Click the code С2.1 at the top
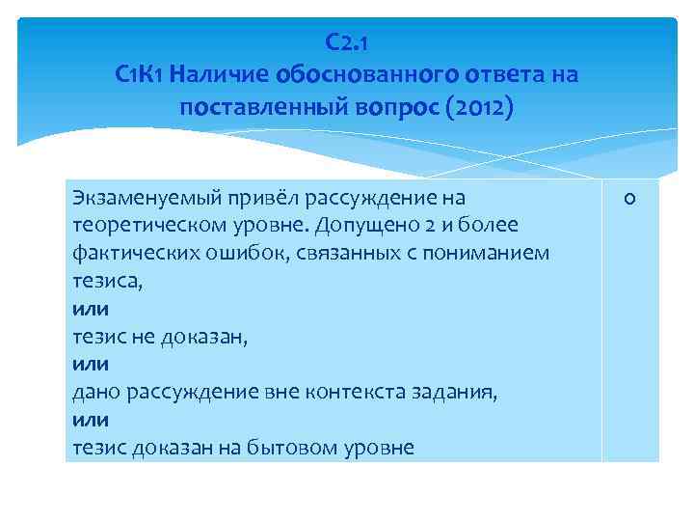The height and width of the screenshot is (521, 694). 346,43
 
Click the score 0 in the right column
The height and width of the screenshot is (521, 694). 629,199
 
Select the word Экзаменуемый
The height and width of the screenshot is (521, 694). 136,199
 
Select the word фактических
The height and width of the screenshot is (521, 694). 127,254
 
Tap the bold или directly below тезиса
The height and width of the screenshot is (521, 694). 91,310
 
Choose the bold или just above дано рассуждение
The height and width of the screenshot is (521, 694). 91,365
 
